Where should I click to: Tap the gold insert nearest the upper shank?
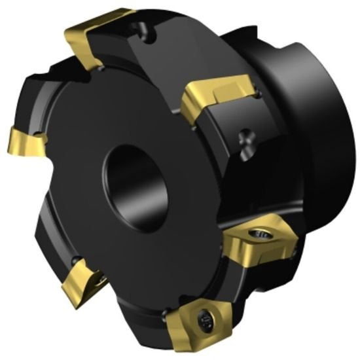coord(216,96)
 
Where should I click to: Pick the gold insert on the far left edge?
coord(23,141)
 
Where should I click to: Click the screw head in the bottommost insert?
coord(204,318)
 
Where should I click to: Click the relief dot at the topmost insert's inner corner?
coord(102,67)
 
